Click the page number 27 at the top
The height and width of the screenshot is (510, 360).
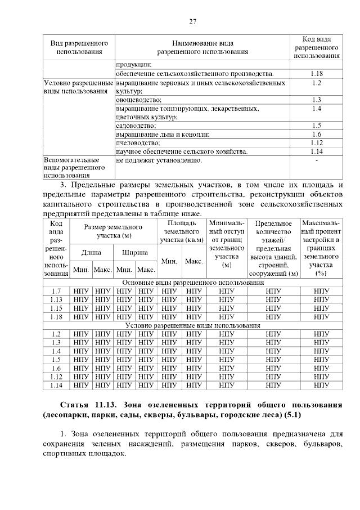(x=192, y=21)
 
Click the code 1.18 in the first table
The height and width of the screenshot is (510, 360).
(x=316, y=74)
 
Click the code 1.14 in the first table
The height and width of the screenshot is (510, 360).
(x=316, y=151)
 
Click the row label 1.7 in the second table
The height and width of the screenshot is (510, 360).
(x=56, y=291)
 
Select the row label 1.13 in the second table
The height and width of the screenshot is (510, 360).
(x=56, y=299)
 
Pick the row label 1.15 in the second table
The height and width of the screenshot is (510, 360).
(x=56, y=308)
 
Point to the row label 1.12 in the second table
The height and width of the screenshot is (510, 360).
(x=56, y=377)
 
